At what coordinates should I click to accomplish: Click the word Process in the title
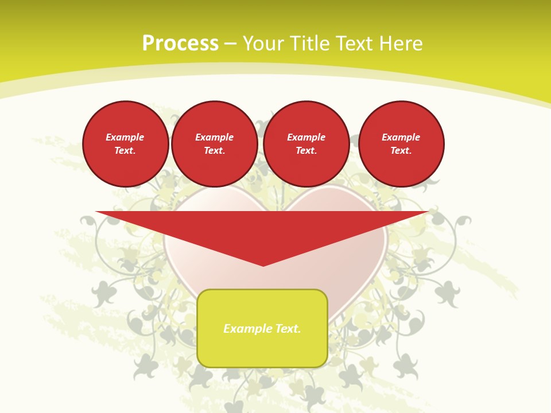point(180,44)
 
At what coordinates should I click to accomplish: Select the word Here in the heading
point(401,44)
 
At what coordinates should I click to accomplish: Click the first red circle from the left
point(125,143)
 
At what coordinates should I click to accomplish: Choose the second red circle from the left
point(214,143)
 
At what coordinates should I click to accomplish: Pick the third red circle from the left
point(306,143)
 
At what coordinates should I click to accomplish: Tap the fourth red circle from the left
point(401,143)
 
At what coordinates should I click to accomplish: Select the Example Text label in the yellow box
point(262,329)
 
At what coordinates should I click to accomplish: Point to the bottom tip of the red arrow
point(263,264)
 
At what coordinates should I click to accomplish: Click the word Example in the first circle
point(125,137)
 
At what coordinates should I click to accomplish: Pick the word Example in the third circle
point(306,137)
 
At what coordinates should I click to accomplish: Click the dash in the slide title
point(231,44)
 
